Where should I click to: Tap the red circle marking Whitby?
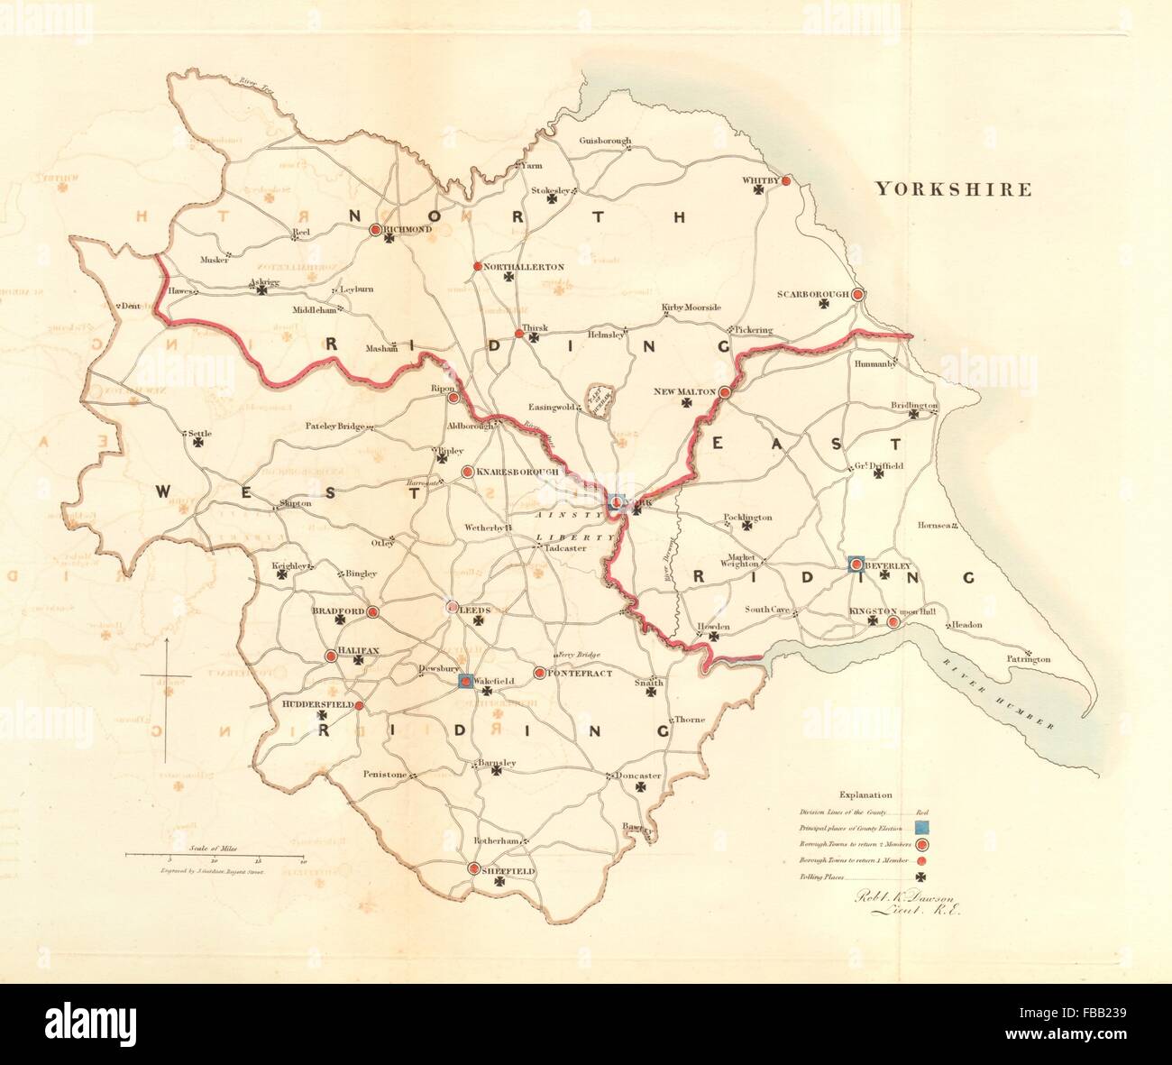point(785,180)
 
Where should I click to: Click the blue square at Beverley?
point(856,565)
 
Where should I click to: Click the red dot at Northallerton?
point(477,267)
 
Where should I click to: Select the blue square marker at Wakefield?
point(465,681)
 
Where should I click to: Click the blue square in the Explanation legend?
point(922,826)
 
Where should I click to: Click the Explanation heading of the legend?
point(865,795)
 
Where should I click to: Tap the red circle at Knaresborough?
point(467,472)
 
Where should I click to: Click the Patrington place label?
point(1029,659)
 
